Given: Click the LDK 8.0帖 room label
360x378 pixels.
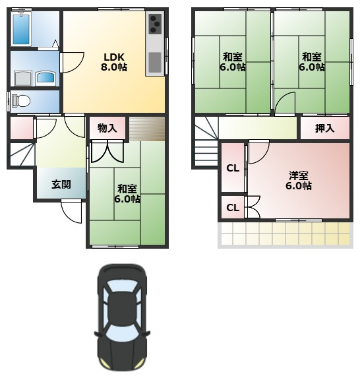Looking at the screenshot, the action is pos(113,62).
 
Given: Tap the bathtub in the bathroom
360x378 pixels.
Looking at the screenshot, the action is pos(21,30).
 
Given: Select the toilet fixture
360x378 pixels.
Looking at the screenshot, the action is pos(21,101).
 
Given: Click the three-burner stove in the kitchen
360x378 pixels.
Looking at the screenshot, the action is pos(154,24).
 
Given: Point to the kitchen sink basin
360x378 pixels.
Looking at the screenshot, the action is pos(155,63).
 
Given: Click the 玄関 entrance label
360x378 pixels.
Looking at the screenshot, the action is pos(61,185).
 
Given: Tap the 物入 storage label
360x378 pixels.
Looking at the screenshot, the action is pos(107,128).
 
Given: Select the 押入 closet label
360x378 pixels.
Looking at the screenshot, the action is pos(325,129).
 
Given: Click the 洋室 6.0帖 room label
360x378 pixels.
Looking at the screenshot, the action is pos(299,181).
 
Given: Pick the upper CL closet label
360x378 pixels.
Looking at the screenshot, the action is pos(233,168).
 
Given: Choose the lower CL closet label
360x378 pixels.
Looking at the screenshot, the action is pos(233,208).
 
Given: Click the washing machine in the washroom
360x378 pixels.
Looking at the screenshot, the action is pos(23,79).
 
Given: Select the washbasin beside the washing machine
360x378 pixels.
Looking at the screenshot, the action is pos(45,78).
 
